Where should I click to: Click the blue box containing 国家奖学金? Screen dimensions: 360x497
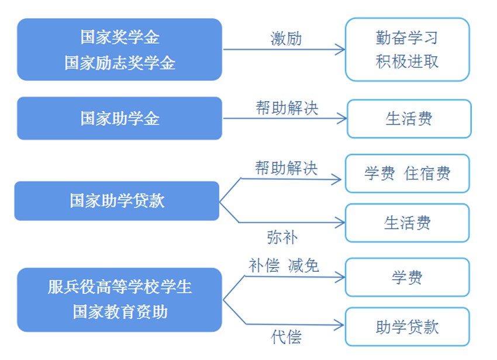click(119, 50)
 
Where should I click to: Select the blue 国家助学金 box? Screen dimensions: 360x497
click(119, 119)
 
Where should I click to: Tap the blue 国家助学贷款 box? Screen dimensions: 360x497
click(116, 201)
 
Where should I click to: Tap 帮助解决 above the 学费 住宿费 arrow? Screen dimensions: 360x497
click(286, 168)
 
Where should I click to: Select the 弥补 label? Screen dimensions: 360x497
click(282, 237)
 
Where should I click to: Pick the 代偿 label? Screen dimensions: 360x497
click(286, 337)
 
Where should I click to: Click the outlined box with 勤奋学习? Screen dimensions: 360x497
click(407, 50)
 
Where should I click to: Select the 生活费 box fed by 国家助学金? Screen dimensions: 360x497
click(409, 119)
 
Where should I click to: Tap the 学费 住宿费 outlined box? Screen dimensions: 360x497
click(407, 174)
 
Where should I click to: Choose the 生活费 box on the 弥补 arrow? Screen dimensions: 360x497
click(407, 223)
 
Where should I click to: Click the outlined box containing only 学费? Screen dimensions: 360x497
click(407, 278)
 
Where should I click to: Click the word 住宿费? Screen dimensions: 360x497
click(427, 174)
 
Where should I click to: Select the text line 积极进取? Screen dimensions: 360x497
click(407, 61)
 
